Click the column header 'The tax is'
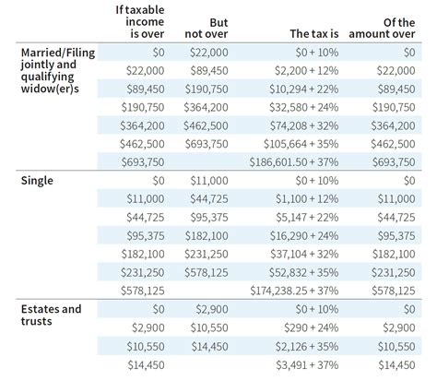311,32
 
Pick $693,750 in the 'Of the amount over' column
397,161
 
